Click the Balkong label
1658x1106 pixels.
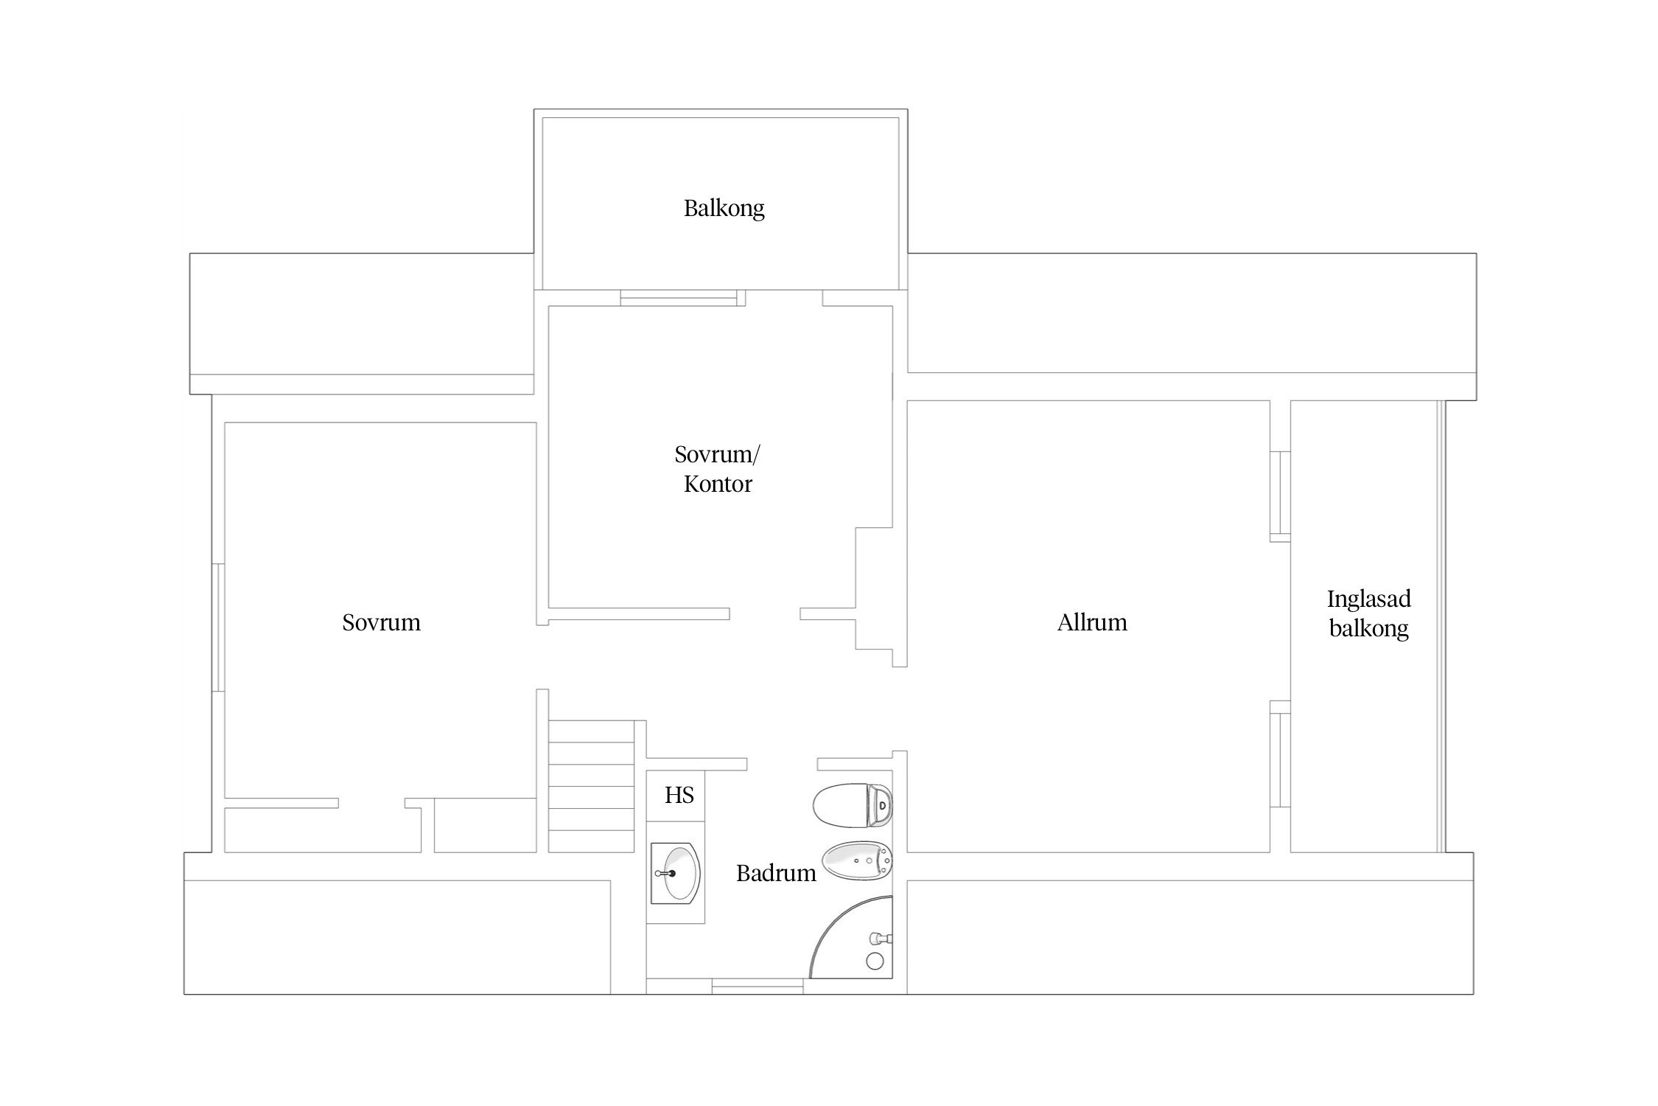724,209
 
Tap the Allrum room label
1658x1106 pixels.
1092,622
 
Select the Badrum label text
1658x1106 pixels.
776,873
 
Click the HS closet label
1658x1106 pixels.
679,795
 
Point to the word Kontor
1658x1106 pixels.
718,484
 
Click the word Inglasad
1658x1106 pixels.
1368,599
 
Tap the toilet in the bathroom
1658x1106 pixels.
853,806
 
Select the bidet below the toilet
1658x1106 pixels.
856,861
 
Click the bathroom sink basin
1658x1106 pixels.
676,873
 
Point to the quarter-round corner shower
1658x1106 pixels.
851,937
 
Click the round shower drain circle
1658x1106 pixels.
875,961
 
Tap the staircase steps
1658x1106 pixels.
592,786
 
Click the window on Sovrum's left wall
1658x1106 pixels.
218,627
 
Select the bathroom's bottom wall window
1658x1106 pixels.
758,986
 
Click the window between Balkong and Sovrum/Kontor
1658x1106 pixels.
679,298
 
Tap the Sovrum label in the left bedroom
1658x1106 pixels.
381,622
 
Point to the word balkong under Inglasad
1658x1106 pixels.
1368,628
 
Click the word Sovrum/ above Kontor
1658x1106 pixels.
717,454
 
